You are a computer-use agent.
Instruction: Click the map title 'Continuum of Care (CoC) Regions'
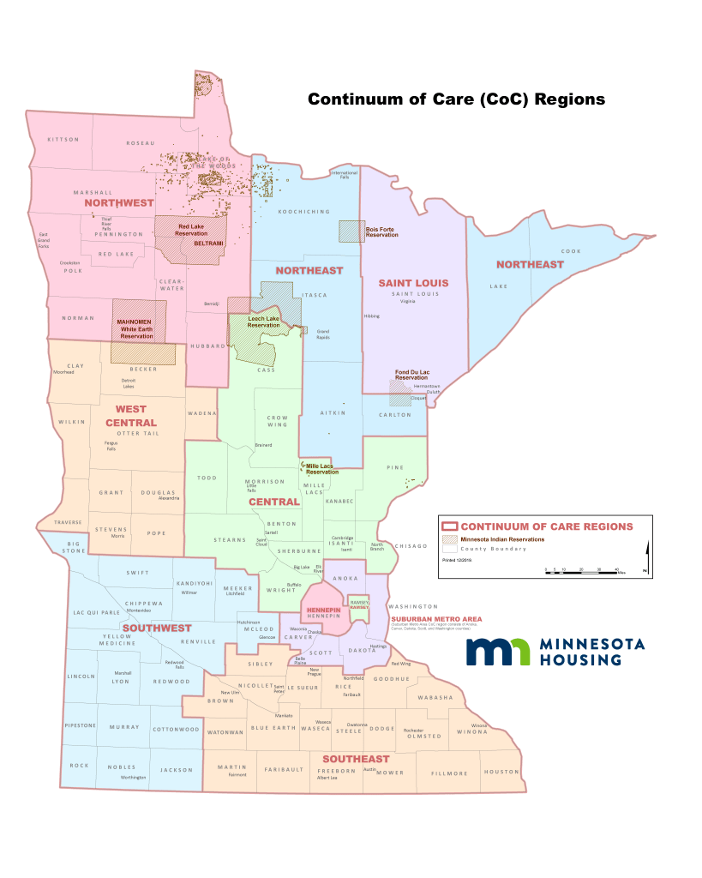[x=456, y=99]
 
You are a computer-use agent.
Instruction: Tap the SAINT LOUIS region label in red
[x=414, y=282]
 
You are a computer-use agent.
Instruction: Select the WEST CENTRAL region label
[x=131, y=416]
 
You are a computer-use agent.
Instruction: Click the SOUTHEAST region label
[x=355, y=759]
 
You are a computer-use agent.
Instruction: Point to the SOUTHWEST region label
[x=156, y=628]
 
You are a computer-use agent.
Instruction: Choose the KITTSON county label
[x=63, y=139]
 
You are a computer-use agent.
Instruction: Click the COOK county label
[x=571, y=251]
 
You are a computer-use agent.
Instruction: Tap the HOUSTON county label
[x=501, y=772]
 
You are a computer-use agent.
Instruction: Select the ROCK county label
[x=79, y=766]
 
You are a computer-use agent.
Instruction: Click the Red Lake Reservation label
[x=192, y=231]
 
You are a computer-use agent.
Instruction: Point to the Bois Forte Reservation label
[x=382, y=232]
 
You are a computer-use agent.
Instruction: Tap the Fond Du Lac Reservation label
[x=411, y=375]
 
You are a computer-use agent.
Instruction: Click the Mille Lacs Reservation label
[x=322, y=469]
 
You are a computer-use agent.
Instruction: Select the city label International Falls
[x=345, y=175]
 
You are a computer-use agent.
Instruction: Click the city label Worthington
[x=133, y=777]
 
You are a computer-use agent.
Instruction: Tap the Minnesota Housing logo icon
[x=497, y=651]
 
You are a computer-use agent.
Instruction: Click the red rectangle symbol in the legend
[x=449, y=526]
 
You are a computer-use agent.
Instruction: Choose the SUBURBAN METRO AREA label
[x=435, y=618]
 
